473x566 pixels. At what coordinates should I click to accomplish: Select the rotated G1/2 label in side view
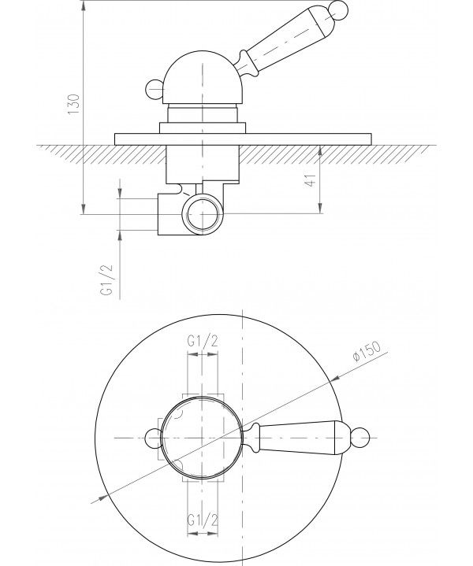click(108, 279)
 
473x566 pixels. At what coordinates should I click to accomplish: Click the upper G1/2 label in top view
click(202, 342)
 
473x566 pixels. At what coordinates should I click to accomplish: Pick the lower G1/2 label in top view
click(202, 521)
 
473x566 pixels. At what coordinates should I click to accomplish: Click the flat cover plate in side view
click(243, 139)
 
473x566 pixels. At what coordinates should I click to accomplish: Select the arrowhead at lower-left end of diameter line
click(99, 499)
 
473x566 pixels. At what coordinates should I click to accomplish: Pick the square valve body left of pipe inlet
click(169, 214)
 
